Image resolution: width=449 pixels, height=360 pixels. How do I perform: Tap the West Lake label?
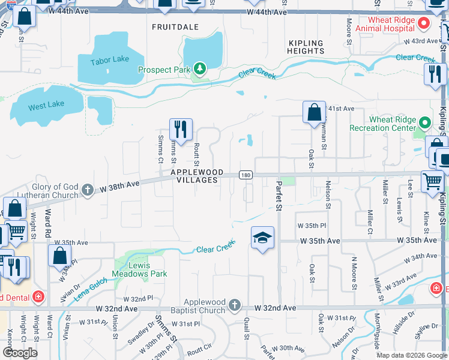pos(46,104)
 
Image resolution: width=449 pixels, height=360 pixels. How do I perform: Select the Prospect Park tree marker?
pos(199,70)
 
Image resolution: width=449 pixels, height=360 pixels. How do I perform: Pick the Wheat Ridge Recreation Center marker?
pos(425,123)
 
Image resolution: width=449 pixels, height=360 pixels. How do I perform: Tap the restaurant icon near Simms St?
pos(181,128)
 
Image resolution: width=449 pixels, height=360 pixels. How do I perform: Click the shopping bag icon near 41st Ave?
pos(314,112)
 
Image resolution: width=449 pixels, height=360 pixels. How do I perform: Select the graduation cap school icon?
pos(262,238)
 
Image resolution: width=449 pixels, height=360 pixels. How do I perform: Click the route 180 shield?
pos(245,175)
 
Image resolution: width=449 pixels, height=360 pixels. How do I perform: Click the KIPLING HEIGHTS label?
pos(306,47)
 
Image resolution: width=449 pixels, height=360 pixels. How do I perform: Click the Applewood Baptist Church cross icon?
pos(234,306)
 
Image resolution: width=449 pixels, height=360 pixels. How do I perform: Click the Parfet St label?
pos(279,196)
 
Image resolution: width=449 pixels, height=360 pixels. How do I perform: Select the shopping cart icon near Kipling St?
pos(432,181)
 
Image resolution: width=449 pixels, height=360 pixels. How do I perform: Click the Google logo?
pos(20,353)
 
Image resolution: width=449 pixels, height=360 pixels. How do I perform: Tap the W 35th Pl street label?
pos(311,226)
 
